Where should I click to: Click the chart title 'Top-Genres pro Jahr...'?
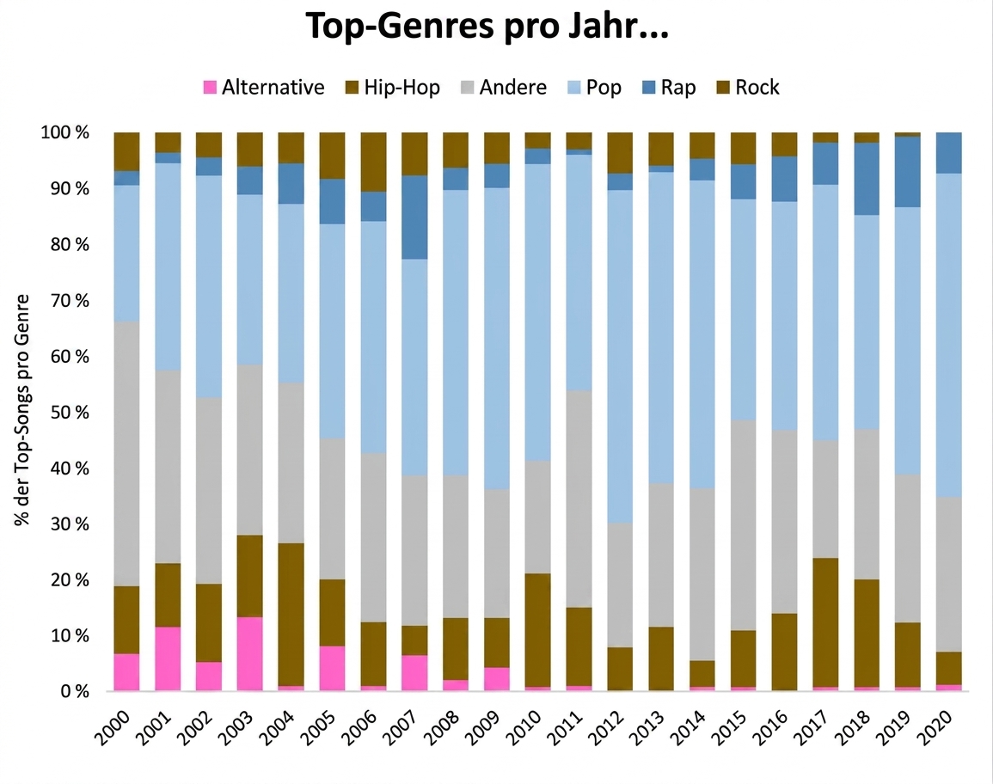[x=487, y=27]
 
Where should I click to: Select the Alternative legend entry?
[x=263, y=87]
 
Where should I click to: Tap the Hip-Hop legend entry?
[x=393, y=87]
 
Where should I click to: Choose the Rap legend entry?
[x=669, y=87]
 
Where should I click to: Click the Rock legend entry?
[x=748, y=87]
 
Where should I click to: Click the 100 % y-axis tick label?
[x=65, y=132]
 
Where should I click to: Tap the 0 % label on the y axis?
[x=75, y=691]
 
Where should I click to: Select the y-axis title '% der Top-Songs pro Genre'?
[x=22, y=410]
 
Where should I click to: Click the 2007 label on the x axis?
[x=401, y=727]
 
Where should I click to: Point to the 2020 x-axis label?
[x=935, y=727]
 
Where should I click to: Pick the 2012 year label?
[x=605, y=727]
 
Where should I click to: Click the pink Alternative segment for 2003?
[x=249, y=653]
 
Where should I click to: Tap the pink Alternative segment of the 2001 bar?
[x=168, y=658]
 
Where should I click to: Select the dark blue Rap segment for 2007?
[x=414, y=217]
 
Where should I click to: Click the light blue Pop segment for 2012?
[x=620, y=357]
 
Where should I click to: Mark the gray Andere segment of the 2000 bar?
[x=126, y=453]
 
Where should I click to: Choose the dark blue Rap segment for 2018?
[x=867, y=179]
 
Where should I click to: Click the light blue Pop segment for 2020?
[x=948, y=335]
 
